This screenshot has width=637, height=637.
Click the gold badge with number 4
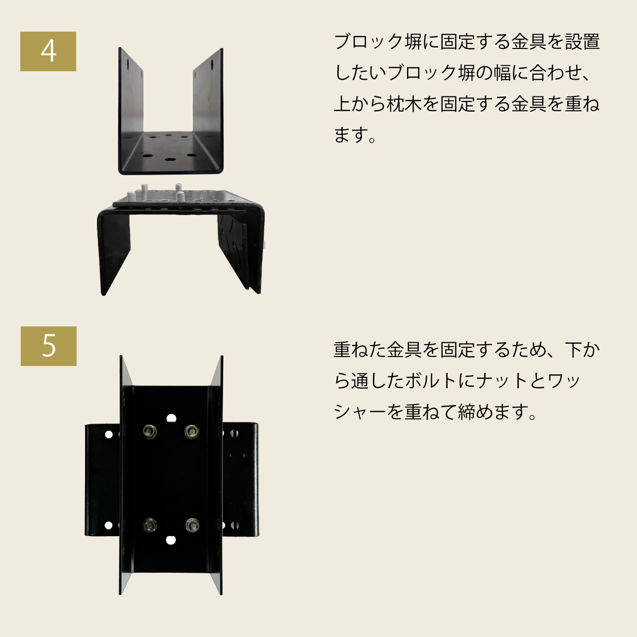(x=48, y=51)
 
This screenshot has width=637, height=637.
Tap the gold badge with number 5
(x=48, y=346)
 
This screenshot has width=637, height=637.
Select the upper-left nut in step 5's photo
(x=150, y=431)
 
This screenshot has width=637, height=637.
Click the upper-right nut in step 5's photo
(x=192, y=431)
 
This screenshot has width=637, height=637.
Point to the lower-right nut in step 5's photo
(x=192, y=525)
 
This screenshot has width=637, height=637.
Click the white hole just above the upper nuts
(x=171, y=418)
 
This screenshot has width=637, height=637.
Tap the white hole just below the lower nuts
(x=171, y=541)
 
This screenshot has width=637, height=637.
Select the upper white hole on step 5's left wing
(x=109, y=434)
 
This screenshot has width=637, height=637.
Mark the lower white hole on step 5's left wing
(x=108, y=525)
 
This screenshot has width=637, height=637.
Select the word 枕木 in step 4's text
(x=404, y=104)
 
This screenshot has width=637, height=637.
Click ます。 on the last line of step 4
(x=355, y=135)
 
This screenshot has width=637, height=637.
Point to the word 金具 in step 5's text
(x=404, y=350)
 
